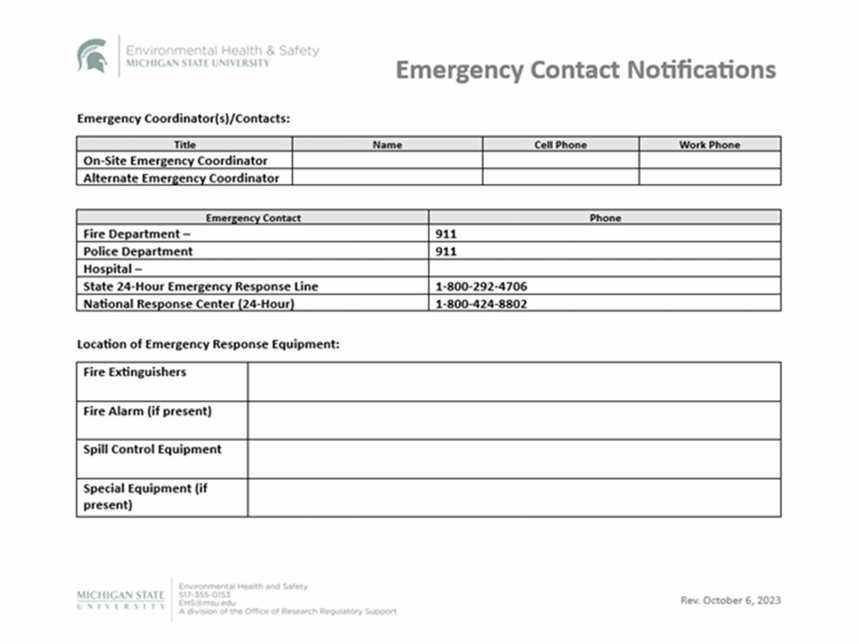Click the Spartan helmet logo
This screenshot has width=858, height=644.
(92, 55)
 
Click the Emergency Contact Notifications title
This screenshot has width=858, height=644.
(585, 70)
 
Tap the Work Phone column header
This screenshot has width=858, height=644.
(709, 145)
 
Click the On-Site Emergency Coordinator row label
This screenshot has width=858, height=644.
(175, 161)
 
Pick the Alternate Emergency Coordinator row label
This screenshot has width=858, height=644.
(181, 178)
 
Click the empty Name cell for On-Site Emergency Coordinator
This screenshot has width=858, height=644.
(387, 160)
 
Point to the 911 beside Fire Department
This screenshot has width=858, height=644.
(446, 234)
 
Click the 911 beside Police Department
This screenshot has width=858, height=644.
(446, 251)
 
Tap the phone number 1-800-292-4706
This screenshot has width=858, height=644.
(481, 287)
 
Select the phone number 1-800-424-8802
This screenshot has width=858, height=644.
(481, 304)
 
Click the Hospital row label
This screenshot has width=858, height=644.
(113, 269)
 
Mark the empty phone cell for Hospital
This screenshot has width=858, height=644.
(604, 269)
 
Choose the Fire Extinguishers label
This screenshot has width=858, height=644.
(135, 372)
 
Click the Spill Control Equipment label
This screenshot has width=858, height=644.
(152, 449)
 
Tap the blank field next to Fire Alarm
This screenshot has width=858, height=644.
(514, 421)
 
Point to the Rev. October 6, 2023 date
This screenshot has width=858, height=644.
(730, 600)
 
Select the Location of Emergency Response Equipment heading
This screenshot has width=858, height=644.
(208, 344)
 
